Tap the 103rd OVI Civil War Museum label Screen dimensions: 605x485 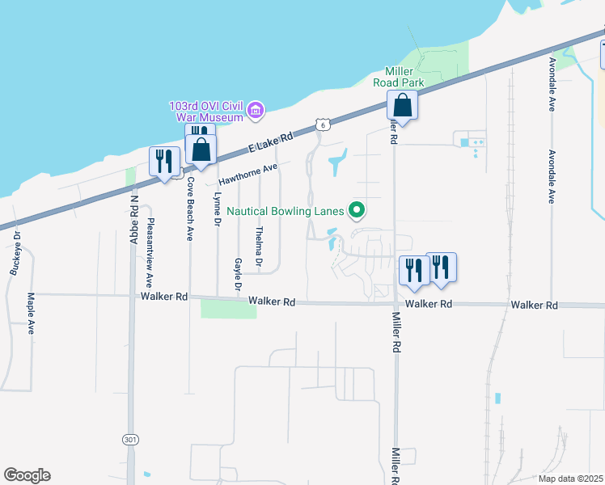[205, 112]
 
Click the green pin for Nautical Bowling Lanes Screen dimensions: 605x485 [356, 212]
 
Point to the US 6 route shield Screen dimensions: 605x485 [322, 124]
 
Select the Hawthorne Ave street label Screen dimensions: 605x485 [247, 172]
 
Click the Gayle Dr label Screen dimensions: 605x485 [238, 274]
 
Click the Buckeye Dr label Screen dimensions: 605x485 [15, 255]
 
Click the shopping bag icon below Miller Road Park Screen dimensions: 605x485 [402, 106]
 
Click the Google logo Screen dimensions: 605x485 [27, 475]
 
